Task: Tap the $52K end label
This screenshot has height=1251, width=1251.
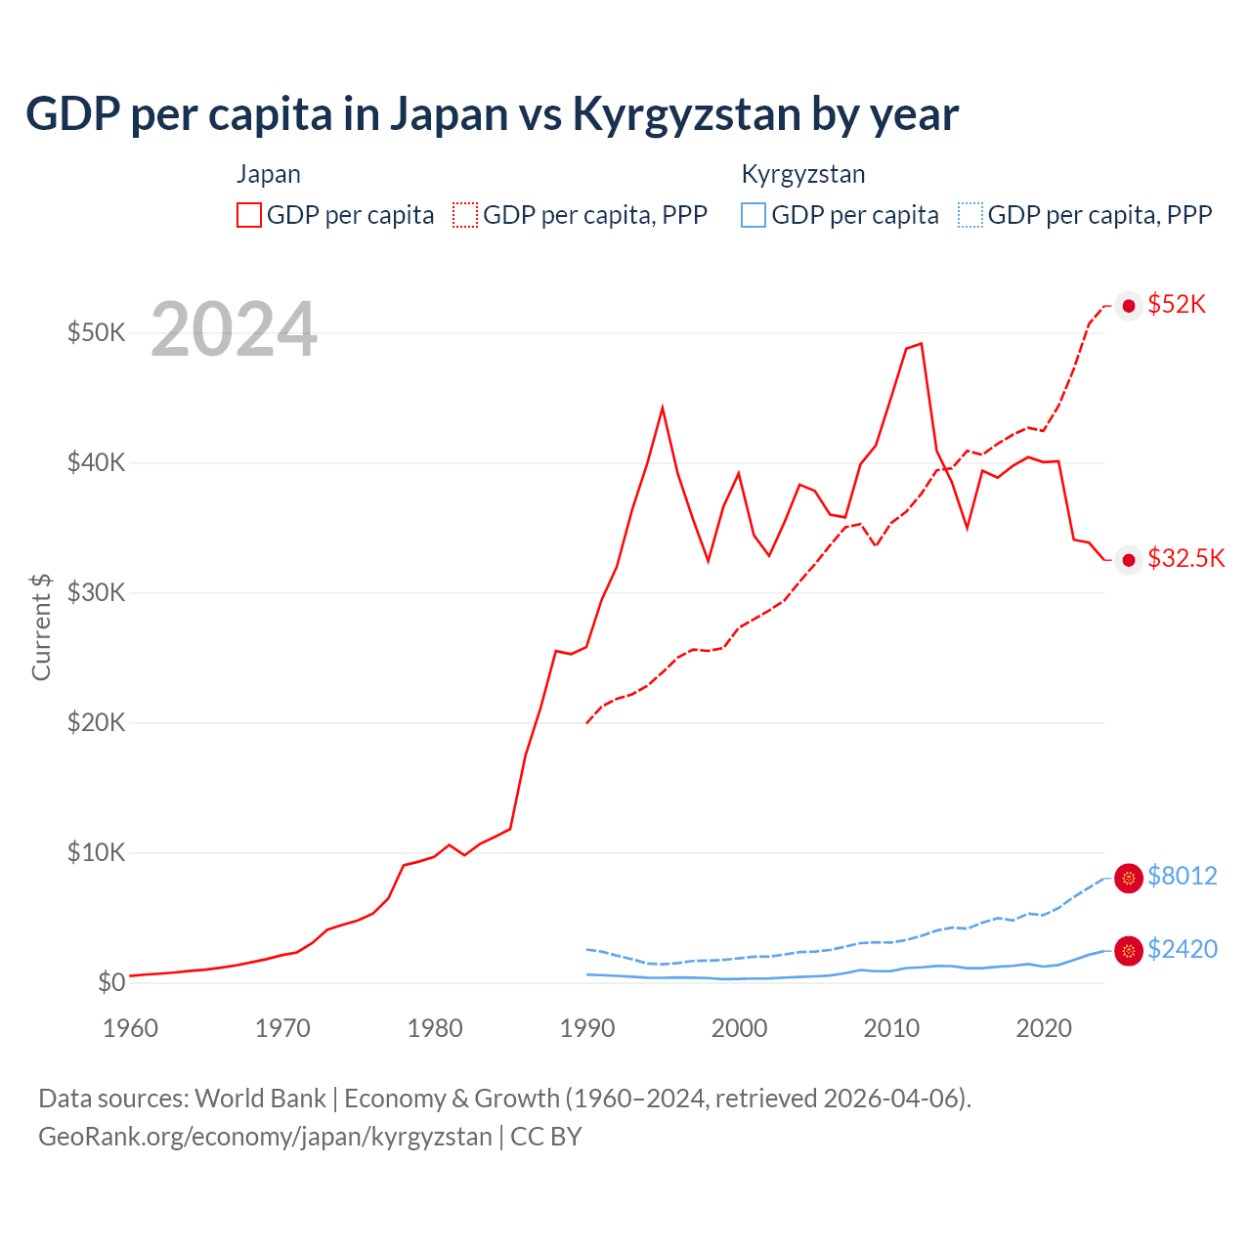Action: point(1177,305)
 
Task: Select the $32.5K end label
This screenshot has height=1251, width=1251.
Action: point(1186,558)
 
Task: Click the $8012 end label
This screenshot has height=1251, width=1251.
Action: point(1182,876)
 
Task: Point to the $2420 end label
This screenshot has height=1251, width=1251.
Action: point(1182,949)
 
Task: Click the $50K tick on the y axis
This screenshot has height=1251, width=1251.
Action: point(96,332)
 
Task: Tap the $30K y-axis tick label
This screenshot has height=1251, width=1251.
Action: point(96,592)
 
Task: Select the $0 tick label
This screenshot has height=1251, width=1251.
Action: point(110,982)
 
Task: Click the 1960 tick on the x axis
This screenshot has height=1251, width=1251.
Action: point(130,1028)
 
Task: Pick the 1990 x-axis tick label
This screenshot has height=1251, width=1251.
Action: point(586,1028)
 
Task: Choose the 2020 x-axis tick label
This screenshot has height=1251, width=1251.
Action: point(1044,1028)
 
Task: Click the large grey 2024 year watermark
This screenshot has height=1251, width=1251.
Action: point(234,330)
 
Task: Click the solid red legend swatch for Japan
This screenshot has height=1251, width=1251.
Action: point(249,215)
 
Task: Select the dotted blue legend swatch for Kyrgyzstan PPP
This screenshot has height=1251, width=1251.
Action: point(971,215)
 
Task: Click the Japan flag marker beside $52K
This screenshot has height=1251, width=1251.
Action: point(1129,306)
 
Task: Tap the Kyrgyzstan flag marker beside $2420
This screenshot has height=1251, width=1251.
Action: point(1129,950)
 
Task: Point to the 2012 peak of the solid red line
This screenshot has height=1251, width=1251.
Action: point(921,344)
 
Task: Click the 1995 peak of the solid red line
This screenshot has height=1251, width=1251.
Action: point(663,408)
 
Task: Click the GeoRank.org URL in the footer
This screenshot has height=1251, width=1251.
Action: point(265,1137)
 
